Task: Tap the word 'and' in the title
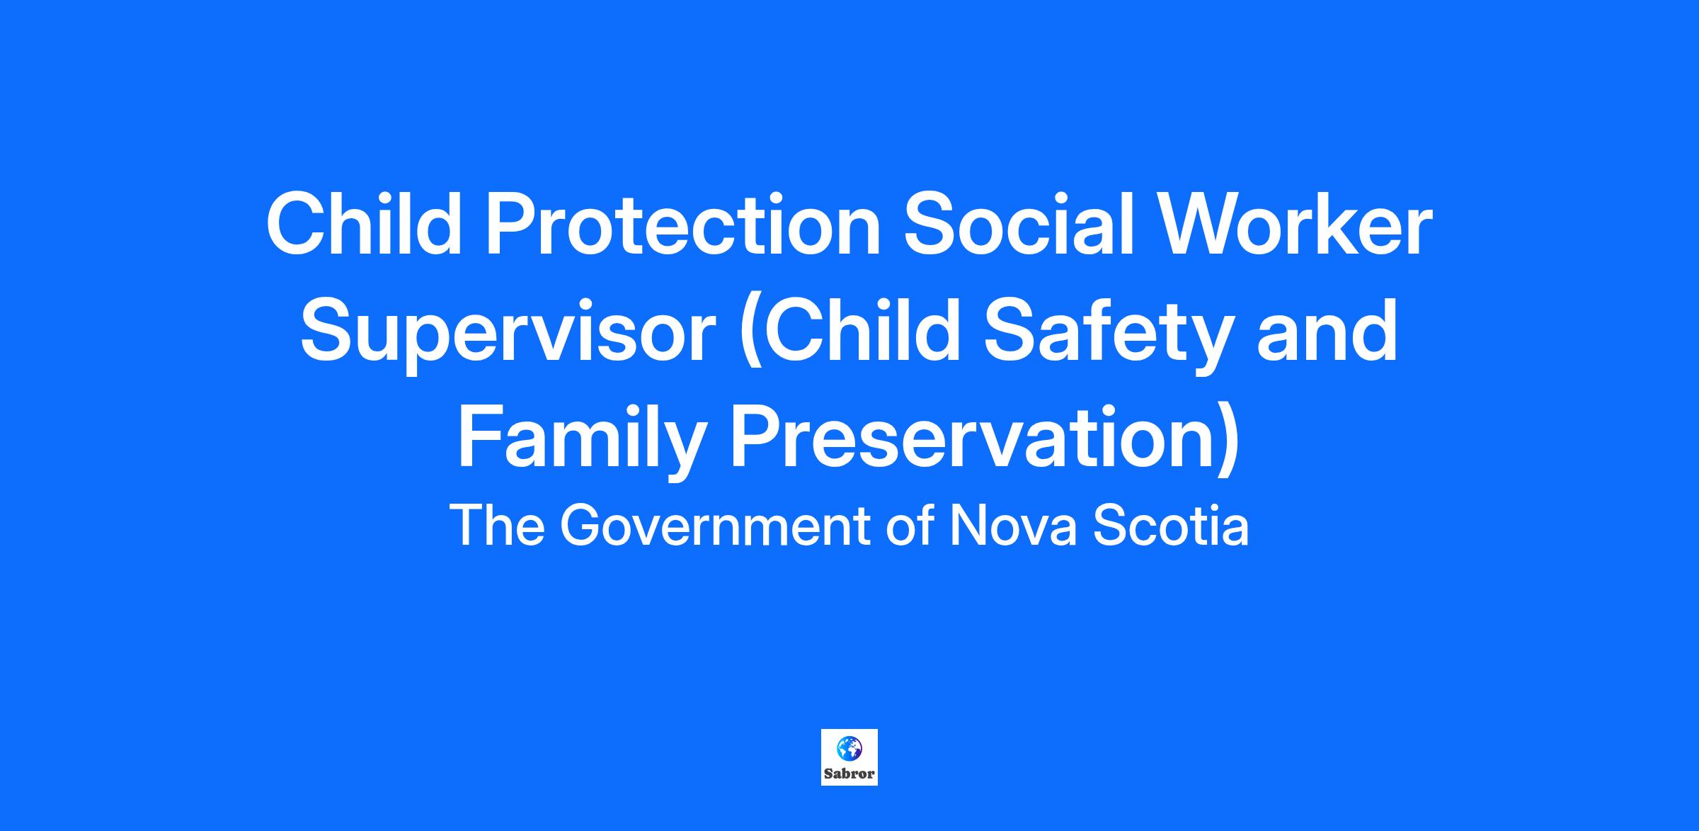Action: pyautogui.click(x=1328, y=331)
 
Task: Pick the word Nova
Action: pyautogui.click(x=1013, y=526)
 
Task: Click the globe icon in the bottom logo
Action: pyautogui.click(x=849, y=747)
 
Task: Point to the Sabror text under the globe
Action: pyautogui.click(x=849, y=774)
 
